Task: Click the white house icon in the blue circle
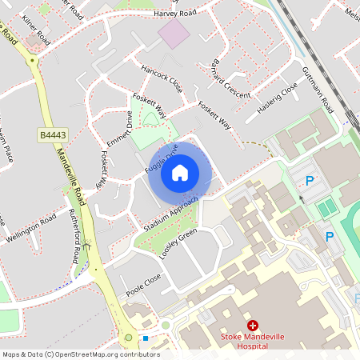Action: (x=180, y=171)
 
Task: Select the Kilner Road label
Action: (x=38, y=30)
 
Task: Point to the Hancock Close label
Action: (x=162, y=78)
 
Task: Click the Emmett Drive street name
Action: (x=118, y=129)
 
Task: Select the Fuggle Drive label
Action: (x=162, y=161)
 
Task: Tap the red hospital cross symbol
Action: (x=253, y=326)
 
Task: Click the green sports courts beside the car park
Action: (x=326, y=209)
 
